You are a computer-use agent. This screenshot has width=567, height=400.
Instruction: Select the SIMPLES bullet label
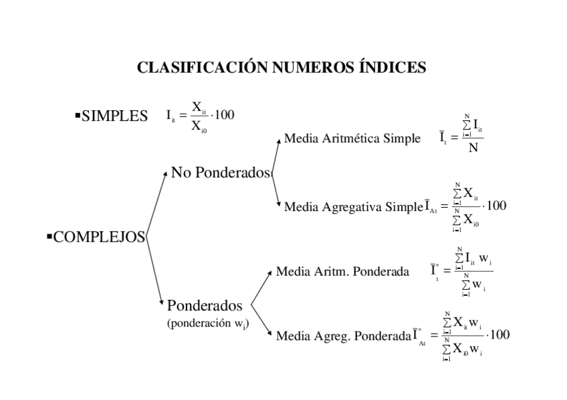pyautogui.click(x=114, y=116)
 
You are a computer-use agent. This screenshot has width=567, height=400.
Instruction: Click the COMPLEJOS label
pyautogui.click(x=98, y=236)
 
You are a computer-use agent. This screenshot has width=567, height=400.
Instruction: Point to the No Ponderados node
pyautogui.click(x=220, y=173)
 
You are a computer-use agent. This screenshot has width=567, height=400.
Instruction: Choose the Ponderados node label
pyautogui.click(x=205, y=306)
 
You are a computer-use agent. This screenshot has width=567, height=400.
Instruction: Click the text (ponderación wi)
pyautogui.click(x=207, y=323)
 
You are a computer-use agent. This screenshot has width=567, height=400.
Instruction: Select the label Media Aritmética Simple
pyautogui.click(x=352, y=139)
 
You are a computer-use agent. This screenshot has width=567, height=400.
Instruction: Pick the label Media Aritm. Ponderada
pyautogui.click(x=342, y=272)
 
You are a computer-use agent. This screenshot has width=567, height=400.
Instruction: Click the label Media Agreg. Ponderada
pyautogui.click(x=343, y=335)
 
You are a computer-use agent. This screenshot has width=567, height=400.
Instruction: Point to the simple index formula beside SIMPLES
pyautogui.click(x=200, y=116)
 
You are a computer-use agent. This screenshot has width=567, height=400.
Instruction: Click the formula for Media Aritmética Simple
pyautogui.click(x=461, y=136)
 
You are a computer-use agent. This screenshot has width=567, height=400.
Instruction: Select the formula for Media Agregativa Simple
pyautogui.click(x=465, y=206)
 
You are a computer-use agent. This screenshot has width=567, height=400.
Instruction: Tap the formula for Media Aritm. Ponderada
pyautogui.click(x=462, y=271)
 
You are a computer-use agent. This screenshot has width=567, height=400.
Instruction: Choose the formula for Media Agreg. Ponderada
pyautogui.click(x=462, y=335)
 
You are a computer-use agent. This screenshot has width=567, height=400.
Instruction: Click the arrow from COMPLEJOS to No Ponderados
pyautogui.click(x=156, y=204)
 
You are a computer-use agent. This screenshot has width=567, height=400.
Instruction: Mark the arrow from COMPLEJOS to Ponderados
pyautogui.click(x=154, y=270)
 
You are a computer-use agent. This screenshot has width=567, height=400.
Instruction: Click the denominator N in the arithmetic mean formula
pyautogui.click(x=473, y=148)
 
